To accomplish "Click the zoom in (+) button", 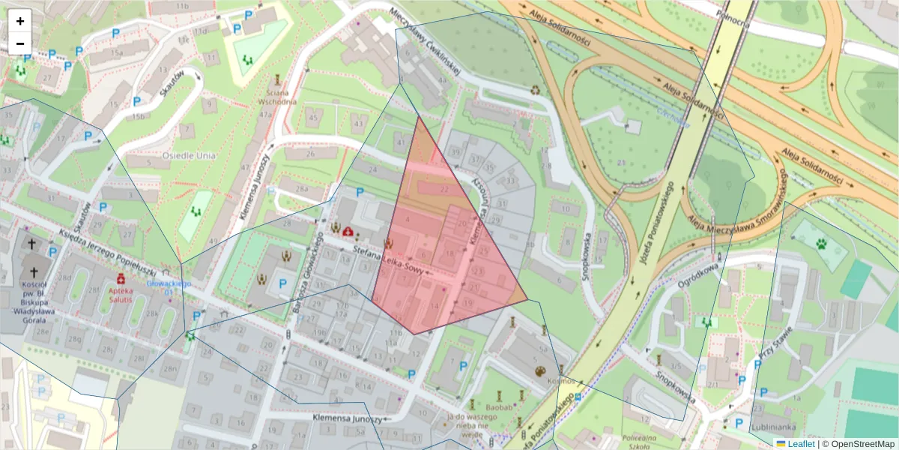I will (x=20, y=21).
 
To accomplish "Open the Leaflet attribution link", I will (x=800, y=443).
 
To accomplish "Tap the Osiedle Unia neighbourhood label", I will (x=190, y=156).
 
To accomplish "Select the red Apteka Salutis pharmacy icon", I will (x=121, y=279).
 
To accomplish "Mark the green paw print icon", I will (x=822, y=244).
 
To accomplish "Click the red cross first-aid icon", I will (x=348, y=232).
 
